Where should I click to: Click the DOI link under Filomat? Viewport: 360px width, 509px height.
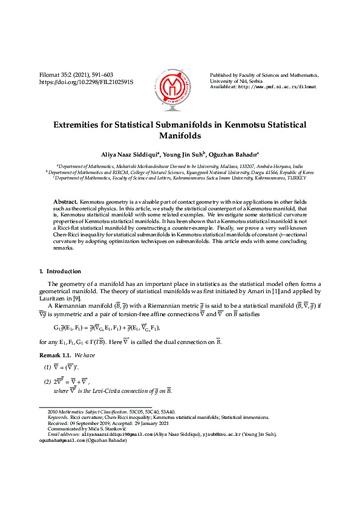point(86,81)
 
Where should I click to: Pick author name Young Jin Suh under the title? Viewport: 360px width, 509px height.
point(183,154)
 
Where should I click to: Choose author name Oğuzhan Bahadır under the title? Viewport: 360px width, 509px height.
point(234,154)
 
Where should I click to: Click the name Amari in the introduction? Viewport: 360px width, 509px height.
point(259,293)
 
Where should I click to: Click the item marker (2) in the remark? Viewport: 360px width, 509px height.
point(47,381)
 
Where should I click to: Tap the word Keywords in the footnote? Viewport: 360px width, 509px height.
point(58,417)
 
